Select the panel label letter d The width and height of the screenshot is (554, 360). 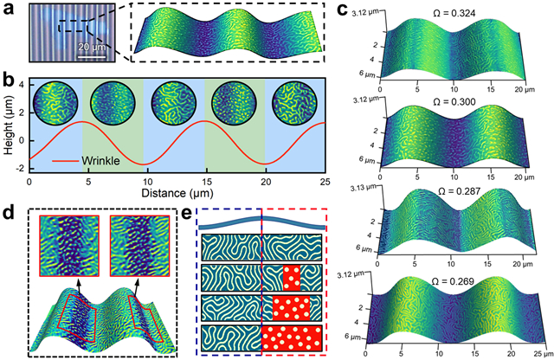9,209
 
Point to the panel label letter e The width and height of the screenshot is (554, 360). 190,209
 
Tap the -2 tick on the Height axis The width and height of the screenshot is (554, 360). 21,161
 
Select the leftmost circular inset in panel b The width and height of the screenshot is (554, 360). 55,102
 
